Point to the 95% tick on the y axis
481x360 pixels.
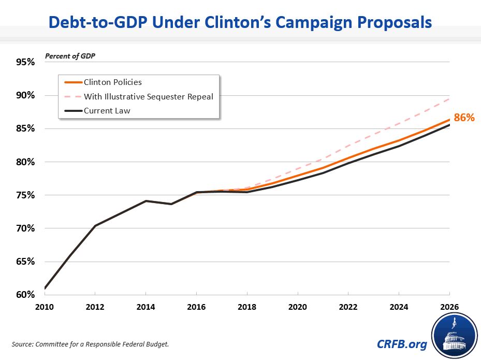[x=25, y=62]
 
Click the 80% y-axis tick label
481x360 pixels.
[x=25, y=162]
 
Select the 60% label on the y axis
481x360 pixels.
[x=25, y=295]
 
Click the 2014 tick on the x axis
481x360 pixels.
[x=146, y=307]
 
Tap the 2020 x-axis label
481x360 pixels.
[x=298, y=307]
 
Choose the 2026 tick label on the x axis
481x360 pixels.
[x=448, y=307]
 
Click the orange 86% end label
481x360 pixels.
[x=464, y=118]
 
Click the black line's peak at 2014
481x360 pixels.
[x=146, y=200]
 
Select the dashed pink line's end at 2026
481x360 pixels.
[x=449, y=98]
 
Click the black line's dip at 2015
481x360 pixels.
[x=171, y=204]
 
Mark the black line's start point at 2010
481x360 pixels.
[x=46, y=288]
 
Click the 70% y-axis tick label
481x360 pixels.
[x=25, y=228]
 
